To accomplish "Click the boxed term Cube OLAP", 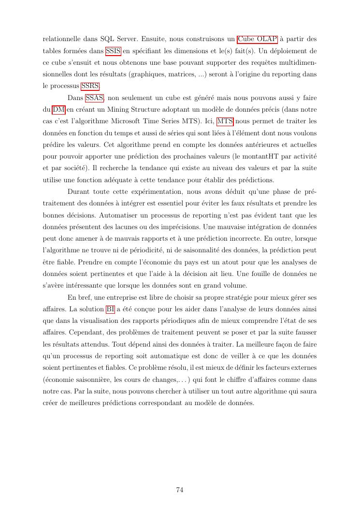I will pos(258,39).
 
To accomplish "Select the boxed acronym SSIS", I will pos(113,51).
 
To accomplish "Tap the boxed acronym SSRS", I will pos(90,86).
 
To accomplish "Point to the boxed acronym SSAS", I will pos(95,98).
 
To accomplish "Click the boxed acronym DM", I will pos(58,110).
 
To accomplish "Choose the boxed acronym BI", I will pos(110,309).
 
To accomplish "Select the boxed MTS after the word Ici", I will pos(225,122).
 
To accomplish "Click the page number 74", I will pos(179,490).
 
